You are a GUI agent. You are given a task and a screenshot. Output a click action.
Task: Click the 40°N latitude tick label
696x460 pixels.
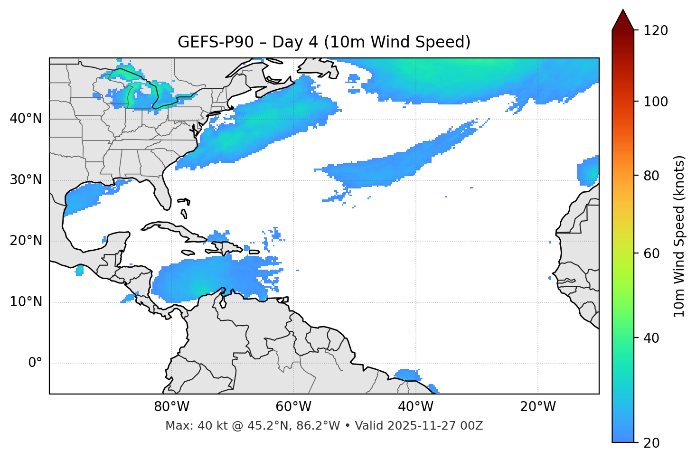click(x=26, y=119)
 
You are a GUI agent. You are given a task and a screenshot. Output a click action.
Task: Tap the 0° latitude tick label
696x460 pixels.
click(x=35, y=363)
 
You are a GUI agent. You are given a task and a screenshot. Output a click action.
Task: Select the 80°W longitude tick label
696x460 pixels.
click(x=171, y=407)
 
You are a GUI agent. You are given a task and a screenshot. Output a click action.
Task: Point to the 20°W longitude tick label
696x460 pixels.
click(x=537, y=407)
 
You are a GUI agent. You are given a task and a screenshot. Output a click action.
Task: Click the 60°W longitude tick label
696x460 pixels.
click(x=293, y=407)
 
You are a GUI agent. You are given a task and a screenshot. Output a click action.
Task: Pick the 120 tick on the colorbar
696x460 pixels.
click(x=656, y=31)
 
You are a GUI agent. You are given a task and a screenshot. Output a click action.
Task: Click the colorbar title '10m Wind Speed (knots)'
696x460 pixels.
click(x=679, y=236)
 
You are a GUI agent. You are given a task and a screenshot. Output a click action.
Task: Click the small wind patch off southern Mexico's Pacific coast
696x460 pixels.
click(x=79, y=271)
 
